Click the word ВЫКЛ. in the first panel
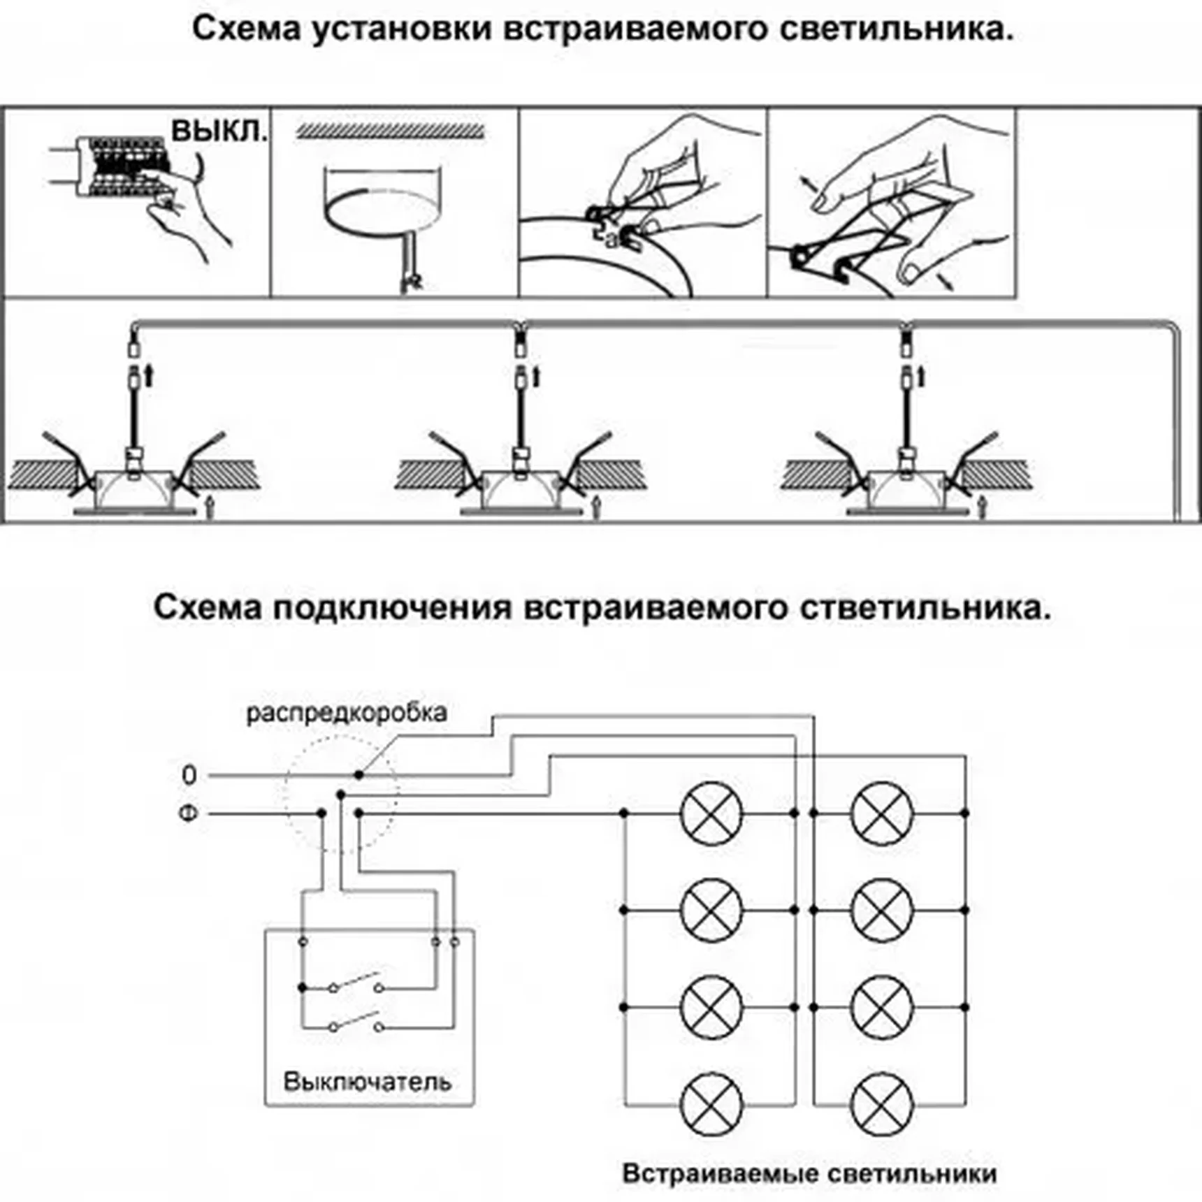219,131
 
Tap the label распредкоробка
347,714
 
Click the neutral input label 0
189,775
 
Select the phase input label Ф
189,813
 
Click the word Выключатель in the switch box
367,1082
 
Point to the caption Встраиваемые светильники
809,1173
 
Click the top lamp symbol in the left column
711,813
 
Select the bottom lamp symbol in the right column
882,1105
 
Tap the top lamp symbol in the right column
882,813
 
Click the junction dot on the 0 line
359,775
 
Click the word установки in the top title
402,30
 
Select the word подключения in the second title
392,607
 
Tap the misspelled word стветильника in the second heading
925,607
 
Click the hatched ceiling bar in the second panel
390,131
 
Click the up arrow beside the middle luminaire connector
536,377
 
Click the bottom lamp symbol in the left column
711,1105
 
